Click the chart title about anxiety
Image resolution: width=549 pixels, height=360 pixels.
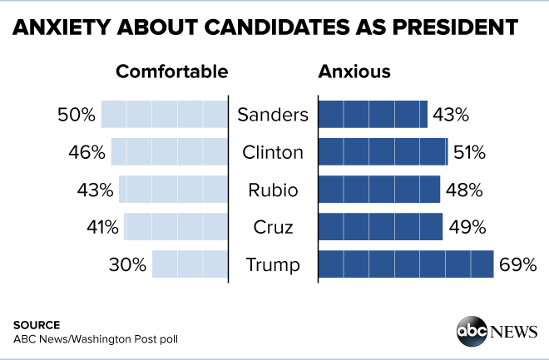tap(265, 27)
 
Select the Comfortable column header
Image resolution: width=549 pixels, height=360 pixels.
tap(171, 72)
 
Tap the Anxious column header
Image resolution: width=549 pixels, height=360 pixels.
tap(354, 72)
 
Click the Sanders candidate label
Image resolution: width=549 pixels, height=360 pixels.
tap(273, 115)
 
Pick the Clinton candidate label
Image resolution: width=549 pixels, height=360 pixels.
tap(273, 152)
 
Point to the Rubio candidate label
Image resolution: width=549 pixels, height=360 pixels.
tap(273, 190)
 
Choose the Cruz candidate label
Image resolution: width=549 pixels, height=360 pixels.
tap(273, 227)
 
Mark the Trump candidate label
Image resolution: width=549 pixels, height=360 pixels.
tap(273, 265)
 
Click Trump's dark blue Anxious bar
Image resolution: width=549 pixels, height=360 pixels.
tap(406, 265)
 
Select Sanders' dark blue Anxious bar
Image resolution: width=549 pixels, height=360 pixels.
tap(373, 115)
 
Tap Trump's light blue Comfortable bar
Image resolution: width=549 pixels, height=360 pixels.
tap(190, 265)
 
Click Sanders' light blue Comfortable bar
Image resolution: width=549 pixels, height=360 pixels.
tap(165, 115)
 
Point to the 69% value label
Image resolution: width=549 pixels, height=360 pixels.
tap(517, 265)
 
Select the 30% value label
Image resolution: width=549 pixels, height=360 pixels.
tap(127, 265)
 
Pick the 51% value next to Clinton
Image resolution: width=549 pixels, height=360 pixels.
tap(468, 152)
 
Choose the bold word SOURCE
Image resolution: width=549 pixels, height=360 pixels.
tap(37, 324)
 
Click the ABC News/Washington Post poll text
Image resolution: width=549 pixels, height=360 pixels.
tap(96, 339)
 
